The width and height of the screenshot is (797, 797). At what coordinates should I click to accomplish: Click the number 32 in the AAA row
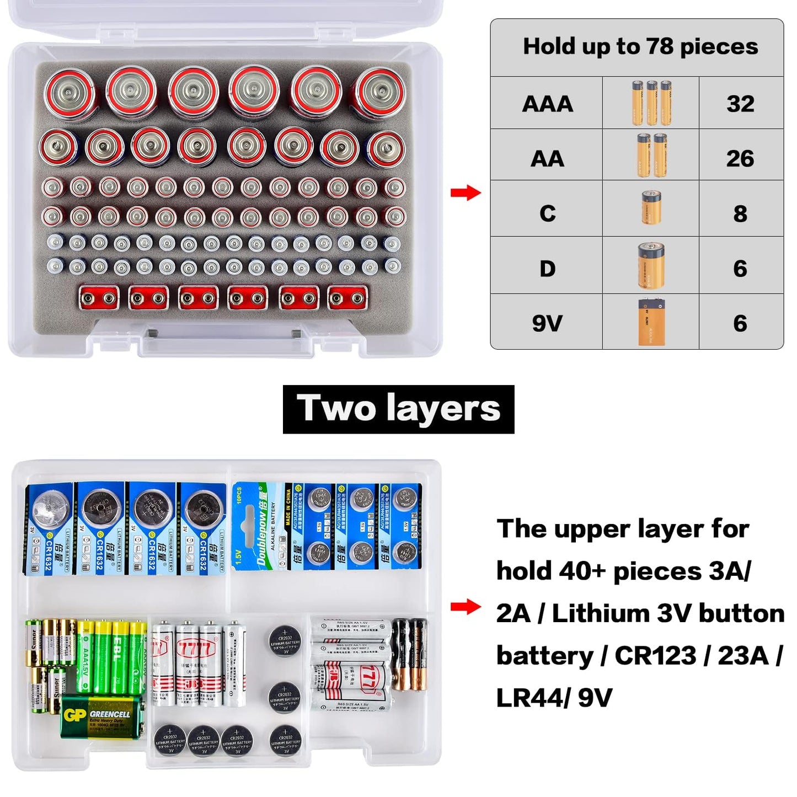click(740, 104)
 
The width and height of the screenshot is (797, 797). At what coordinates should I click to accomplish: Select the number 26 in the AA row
click(740, 158)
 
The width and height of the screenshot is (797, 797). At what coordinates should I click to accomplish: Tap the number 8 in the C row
click(740, 213)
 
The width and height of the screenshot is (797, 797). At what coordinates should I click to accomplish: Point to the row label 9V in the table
click(547, 323)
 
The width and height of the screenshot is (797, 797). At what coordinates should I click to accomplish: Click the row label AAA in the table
click(547, 104)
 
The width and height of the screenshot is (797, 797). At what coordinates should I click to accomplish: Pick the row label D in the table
click(547, 269)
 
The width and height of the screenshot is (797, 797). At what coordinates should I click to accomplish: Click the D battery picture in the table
click(651, 265)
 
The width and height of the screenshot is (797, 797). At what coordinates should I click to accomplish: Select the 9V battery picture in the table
click(651, 322)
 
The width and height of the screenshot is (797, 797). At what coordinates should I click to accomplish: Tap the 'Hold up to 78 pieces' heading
click(640, 46)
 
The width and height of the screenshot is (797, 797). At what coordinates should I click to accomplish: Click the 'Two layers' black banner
click(398, 409)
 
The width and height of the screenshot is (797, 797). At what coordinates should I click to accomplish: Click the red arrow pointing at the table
click(466, 193)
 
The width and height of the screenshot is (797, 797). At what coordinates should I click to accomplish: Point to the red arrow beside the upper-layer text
click(466, 607)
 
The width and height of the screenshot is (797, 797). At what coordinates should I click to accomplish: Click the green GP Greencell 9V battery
click(103, 716)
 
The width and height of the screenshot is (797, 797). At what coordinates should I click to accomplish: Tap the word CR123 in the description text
click(655, 656)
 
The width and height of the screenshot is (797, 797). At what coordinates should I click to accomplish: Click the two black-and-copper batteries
click(409, 655)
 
